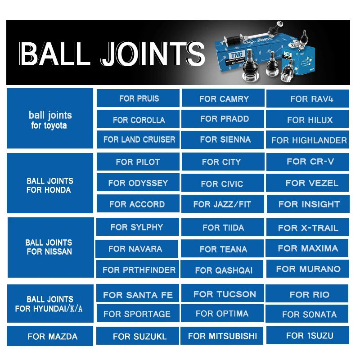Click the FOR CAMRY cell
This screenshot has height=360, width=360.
[224, 99]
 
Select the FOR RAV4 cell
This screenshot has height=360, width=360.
[308, 99]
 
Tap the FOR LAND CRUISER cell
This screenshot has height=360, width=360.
[139, 139]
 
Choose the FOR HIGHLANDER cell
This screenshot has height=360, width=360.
[309, 140]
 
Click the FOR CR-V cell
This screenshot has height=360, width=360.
[310, 162]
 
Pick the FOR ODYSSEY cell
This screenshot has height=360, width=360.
[138, 183]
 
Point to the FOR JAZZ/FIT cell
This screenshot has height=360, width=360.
[222, 204]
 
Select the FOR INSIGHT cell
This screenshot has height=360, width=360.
[309, 204]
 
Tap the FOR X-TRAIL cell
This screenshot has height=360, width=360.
[308, 228]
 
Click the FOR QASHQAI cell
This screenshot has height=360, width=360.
[223, 270]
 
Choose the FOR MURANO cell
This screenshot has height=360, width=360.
[308, 269]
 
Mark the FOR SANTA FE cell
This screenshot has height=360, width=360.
[138, 295]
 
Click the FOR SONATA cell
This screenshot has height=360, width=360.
[309, 314]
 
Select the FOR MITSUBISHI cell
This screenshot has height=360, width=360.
[222, 336]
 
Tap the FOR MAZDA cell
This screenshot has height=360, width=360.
[52, 336]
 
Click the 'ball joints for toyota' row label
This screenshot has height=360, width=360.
[49, 119]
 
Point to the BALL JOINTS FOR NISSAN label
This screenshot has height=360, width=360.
[49, 247]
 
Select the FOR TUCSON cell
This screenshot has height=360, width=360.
[224, 294]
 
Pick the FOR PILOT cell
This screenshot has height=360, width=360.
[138, 162]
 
